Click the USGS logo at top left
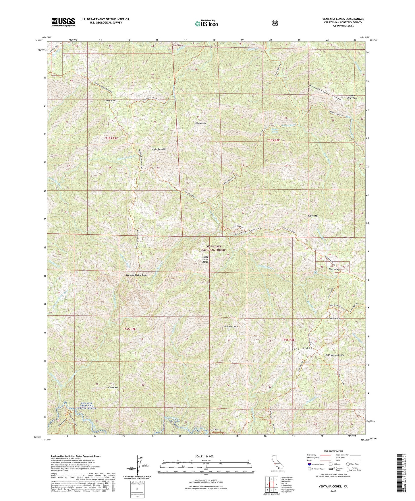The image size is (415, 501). (63, 22)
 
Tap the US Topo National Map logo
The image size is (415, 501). (206, 24)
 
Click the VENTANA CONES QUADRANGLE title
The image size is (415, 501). (343, 19)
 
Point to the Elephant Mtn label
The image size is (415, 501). (200, 123)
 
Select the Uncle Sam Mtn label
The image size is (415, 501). (159, 149)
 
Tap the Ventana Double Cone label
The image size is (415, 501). (136, 275)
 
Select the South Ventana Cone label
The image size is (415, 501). (334, 355)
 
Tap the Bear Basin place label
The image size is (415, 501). (334, 319)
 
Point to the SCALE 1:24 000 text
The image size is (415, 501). (204, 456)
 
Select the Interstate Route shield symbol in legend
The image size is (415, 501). (309, 464)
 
